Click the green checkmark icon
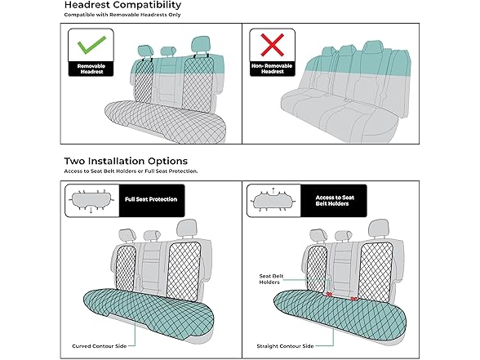[x=91, y=45]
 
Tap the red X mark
[x=272, y=45]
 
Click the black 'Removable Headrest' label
[x=91, y=69]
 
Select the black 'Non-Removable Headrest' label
[x=272, y=69]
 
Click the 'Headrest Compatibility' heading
[x=122, y=5]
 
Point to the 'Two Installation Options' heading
[x=126, y=161]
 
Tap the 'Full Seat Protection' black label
[x=152, y=199]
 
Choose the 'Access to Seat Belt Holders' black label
[x=334, y=201]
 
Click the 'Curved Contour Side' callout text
[x=100, y=346]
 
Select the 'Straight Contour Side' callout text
[x=285, y=346]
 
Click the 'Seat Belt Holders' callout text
[x=271, y=279]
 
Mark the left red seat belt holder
[x=329, y=294]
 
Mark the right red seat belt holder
[x=353, y=299]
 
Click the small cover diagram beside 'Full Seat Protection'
[x=91, y=201]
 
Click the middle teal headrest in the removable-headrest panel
[x=168, y=51]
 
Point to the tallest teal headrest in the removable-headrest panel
[x=201, y=44]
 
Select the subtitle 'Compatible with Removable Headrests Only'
[x=122, y=15]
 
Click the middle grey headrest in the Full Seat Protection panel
[x=152, y=235]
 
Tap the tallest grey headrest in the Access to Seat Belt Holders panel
[x=378, y=229]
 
